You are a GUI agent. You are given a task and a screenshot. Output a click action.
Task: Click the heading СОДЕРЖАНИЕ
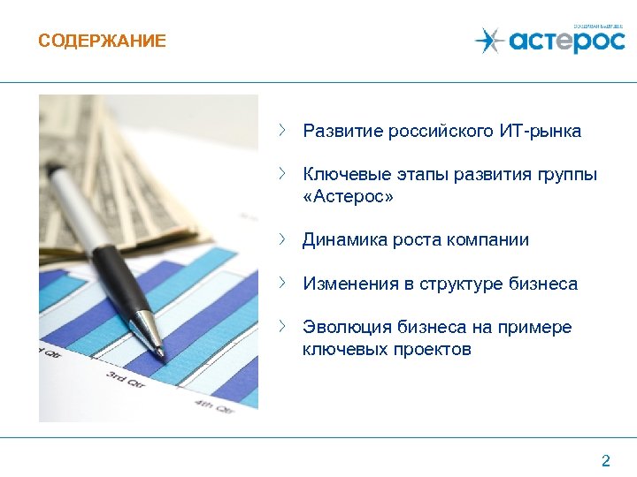click(102, 42)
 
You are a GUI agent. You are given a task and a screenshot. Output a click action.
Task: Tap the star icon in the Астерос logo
click(487, 40)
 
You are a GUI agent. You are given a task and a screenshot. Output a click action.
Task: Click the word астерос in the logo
click(566, 42)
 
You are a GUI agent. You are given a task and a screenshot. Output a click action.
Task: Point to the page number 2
click(606, 460)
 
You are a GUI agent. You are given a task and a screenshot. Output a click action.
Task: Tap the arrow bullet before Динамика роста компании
click(282, 238)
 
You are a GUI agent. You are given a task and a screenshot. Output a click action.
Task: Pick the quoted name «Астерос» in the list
click(348, 196)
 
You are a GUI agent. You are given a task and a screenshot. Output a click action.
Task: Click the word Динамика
click(339, 239)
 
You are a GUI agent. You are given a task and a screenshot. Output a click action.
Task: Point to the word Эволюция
click(341, 328)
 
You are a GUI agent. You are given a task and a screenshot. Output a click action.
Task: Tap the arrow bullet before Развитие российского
click(282, 131)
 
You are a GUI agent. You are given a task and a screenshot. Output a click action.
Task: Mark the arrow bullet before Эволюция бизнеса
click(282, 327)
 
